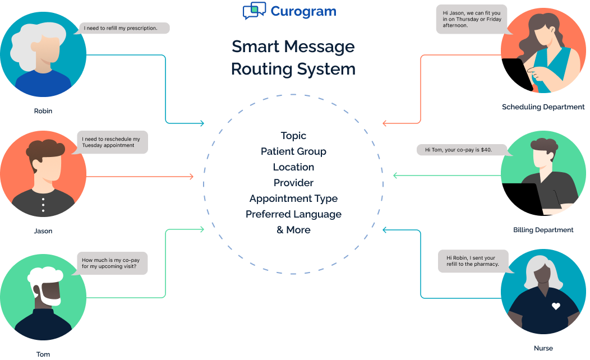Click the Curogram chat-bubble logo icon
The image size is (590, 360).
(x=254, y=11)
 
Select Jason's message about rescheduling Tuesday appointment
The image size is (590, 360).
(x=112, y=142)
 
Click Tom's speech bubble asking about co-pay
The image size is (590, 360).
(x=112, y=264)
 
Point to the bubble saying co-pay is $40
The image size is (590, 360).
(x=462, y=150)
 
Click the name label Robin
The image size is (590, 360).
(x=43, y=111)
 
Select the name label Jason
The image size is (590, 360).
(x=43, y=231)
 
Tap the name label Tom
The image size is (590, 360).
(x=43, y=354)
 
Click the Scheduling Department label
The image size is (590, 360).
(x=543, y=107)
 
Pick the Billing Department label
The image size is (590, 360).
(x=543, y=230)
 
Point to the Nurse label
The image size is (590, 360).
(x=543, y=348)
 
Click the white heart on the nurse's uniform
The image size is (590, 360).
(x=556, y=306)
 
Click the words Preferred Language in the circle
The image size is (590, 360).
(x=293, y=214)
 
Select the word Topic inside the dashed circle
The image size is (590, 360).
(x=293, y=136)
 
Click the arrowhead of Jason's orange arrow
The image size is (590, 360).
(x=191, y=177)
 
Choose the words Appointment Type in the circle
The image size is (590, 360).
(x=293, y=199)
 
